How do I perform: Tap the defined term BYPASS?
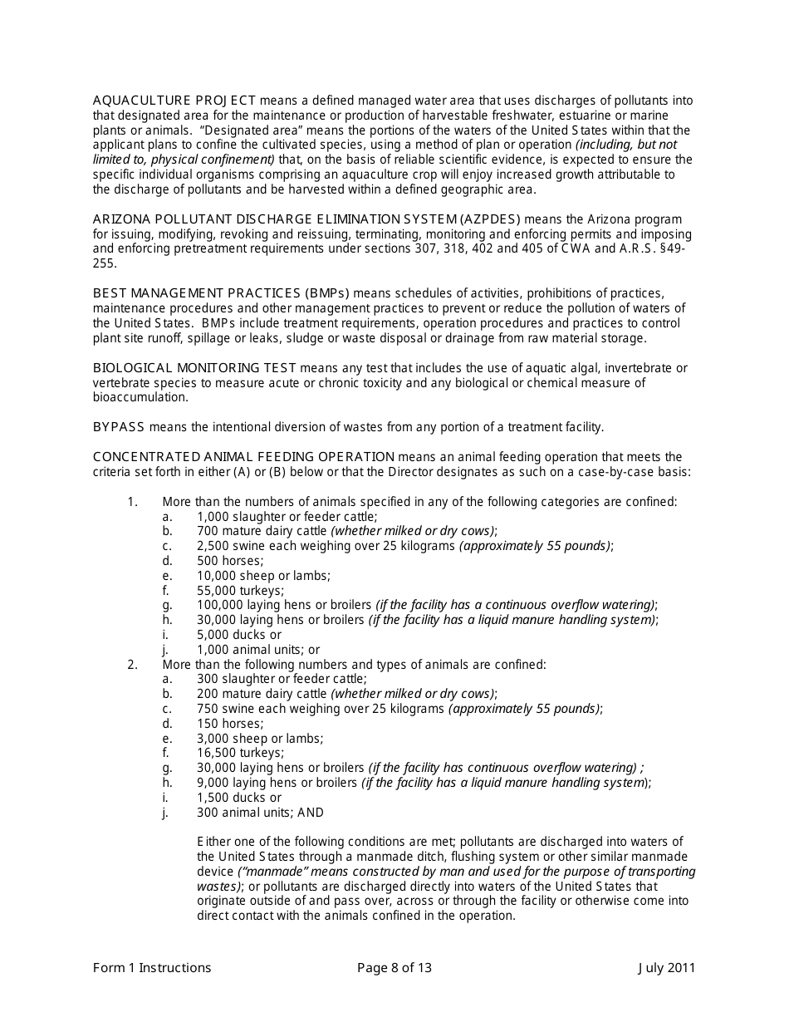click(x=119, y=427)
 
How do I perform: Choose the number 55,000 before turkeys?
click(x=215, y=591)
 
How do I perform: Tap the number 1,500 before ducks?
click(x=213, y=798)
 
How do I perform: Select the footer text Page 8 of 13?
click(x=394, y=967)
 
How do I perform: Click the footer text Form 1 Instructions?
click(x=152, y=967)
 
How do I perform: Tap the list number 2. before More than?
click(x=132, y=665)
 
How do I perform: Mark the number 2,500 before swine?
click(x=213, y=546)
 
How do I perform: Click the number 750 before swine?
click(x=208, y=709)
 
